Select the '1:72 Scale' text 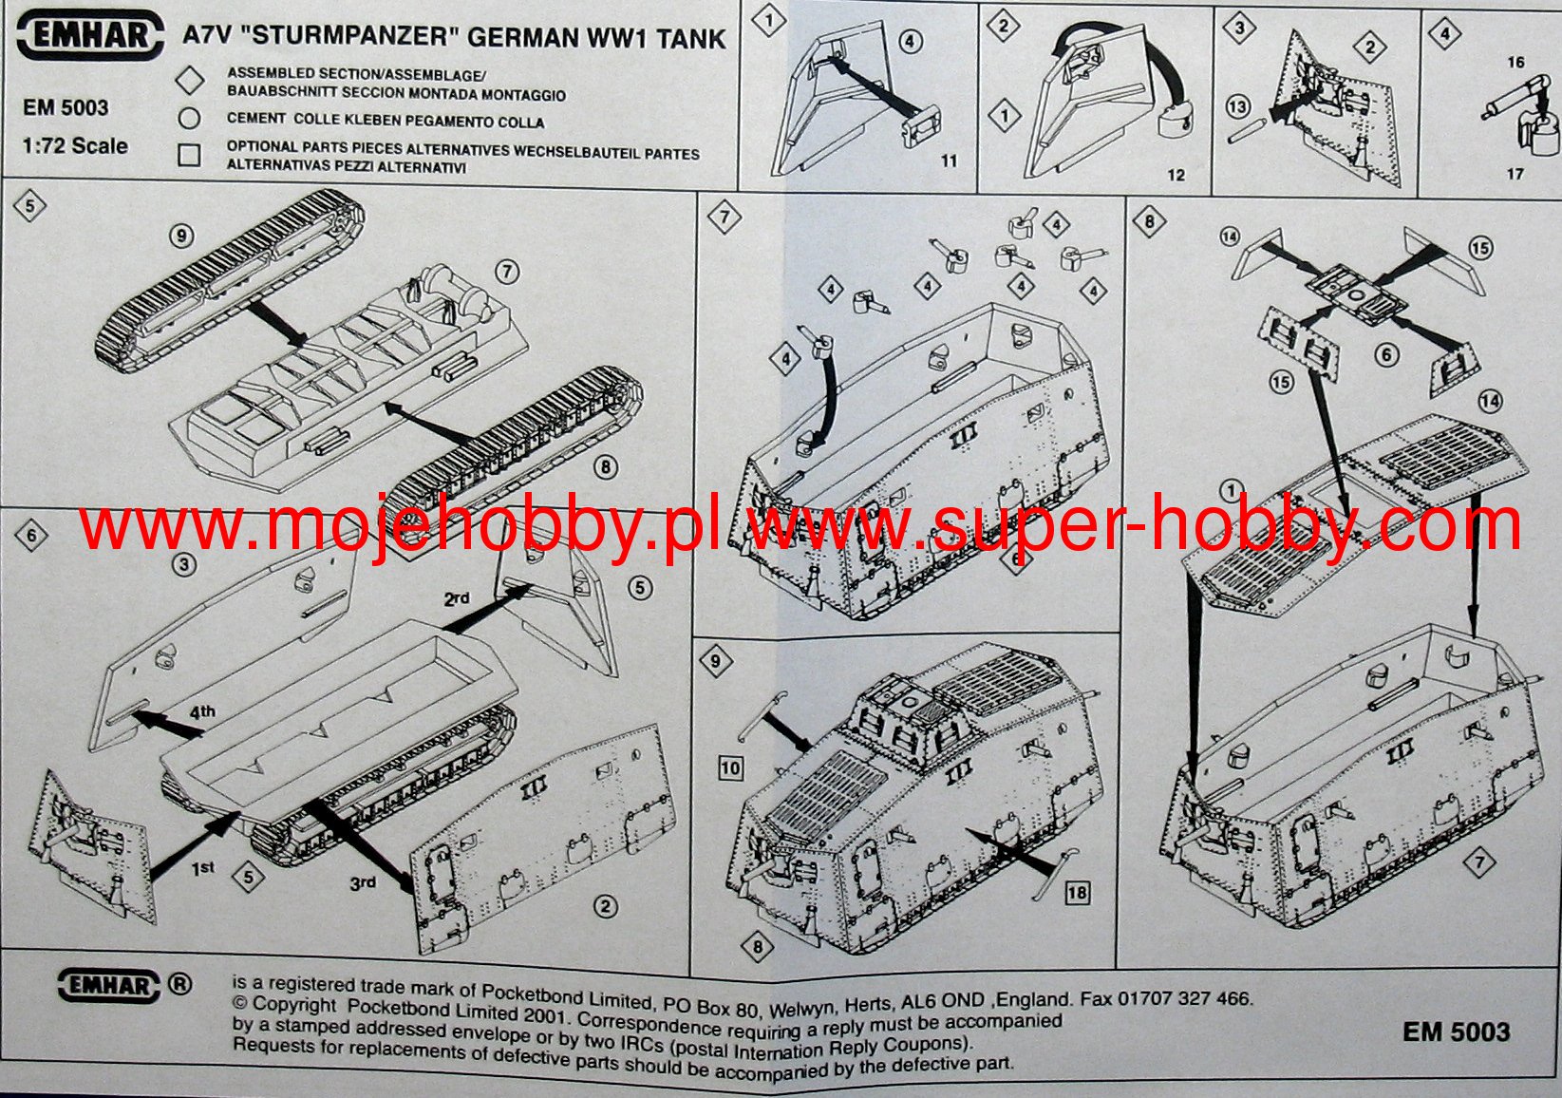click(75, 146)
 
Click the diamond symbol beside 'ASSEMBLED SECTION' click(191, 81)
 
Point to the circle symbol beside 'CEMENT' click(190, 119)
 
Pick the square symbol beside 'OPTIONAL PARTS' click(190, 155)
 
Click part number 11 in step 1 click(949, 161)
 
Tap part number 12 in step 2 click(1176, 175)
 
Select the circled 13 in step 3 click(1237, 106)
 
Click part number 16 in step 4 click(1515, 63)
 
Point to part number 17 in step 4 click(1515, 174)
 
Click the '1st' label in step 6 click(203, 868)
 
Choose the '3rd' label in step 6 click(362, 883)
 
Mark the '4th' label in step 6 click(201, 711)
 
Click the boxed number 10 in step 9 click(730, 767)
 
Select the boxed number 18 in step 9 click(1076, 893)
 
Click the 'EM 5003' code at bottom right click(1456, 1032)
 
